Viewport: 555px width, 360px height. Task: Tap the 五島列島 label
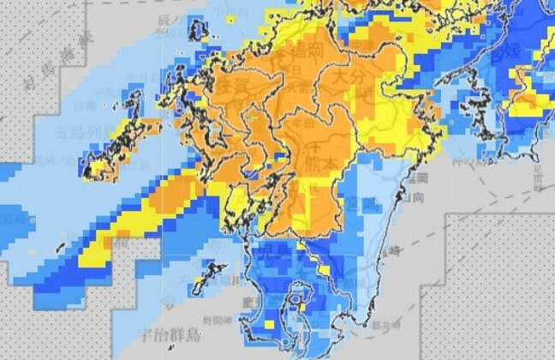click(x=81, y=133)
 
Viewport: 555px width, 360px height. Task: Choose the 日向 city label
click(x=418, y=197)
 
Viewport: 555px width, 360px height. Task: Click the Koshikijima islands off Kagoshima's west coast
click(x=206, y=278)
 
